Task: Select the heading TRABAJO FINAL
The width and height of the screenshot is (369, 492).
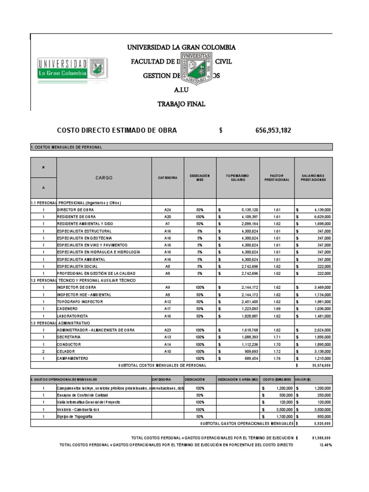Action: click(181, 104)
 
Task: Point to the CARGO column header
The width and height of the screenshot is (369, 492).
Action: click(104, 178)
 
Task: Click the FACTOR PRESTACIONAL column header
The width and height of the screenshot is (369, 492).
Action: click(277, 178)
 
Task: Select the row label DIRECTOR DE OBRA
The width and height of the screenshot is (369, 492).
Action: click(75, 210)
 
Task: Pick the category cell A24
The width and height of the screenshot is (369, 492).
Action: click(168, 210)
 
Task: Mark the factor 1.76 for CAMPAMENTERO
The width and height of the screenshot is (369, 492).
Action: click(277, 358)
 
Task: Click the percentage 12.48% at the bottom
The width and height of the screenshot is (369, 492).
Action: click(325, 445)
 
